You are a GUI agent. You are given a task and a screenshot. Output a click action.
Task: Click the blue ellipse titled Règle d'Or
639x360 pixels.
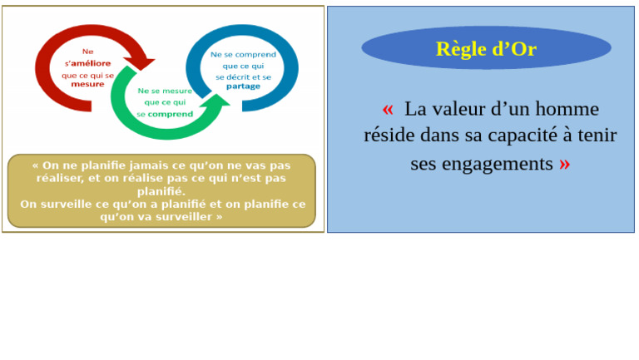coord(486,48)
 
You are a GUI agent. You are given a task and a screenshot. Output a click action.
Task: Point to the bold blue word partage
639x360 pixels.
coord(243,86)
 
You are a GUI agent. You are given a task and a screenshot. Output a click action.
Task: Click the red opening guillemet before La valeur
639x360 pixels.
coord(388,109)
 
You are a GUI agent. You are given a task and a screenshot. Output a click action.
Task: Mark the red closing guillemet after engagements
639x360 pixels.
coord(565,164)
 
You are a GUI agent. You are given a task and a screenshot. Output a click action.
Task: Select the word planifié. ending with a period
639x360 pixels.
coord(161,191)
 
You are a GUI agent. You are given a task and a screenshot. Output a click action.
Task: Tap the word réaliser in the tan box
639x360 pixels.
coord(60,178)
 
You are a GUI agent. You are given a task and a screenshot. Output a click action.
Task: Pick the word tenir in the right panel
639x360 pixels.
coord(594,136)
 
